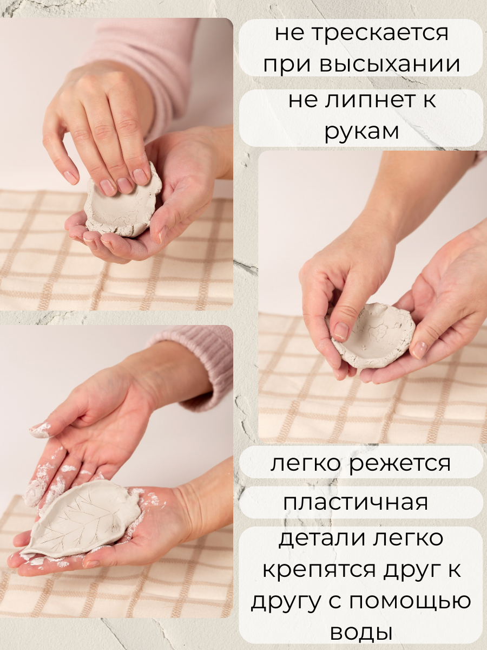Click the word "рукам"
(x=361, y=132)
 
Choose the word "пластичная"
(x=356, y=502)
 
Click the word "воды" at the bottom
(x=361, y=632)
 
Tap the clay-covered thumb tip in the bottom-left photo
(x=41, y=431)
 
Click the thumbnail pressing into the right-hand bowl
(x=341, y=331)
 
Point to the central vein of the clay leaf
(x=81, y=520)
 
